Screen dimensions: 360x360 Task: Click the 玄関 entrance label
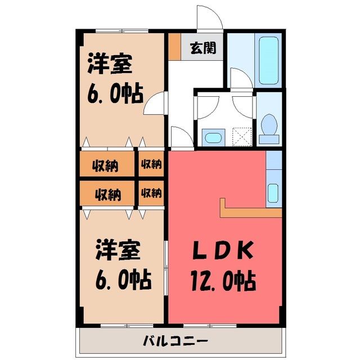click(x=203, y=48)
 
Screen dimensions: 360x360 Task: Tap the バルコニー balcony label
click(x=175, y=340)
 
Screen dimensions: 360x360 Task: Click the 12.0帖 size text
click(x=223, y=281)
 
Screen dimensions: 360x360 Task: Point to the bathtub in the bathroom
click(x=268, y=60)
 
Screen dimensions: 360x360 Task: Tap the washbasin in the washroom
click(x=213, y=138)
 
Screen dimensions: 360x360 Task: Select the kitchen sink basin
click(x=273, y=193)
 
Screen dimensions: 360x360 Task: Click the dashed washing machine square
click(x=242, y=137)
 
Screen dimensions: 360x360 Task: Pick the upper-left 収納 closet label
click(x=105, y=165)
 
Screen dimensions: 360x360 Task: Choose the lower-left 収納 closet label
click(x=108, y=195)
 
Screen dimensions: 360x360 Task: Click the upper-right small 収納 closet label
click(x=151, y=164)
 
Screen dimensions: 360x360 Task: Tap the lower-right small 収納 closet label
click(x=151, y=193)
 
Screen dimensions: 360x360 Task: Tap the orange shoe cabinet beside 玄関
click(x=174, y=47)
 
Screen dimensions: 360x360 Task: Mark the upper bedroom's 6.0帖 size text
click(x=115, y=94)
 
